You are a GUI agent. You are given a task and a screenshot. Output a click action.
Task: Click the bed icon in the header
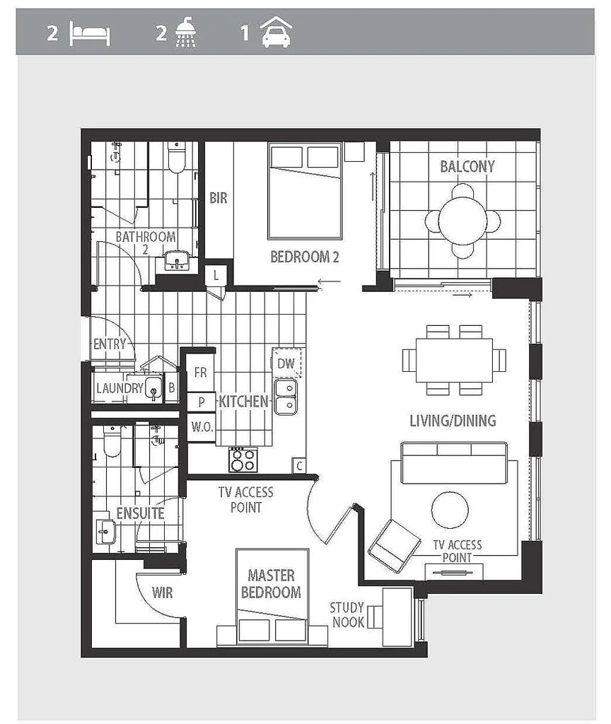(89, 34)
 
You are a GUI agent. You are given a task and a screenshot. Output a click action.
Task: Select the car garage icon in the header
(276, 33)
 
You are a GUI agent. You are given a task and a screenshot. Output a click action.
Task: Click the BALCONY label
(467, 167)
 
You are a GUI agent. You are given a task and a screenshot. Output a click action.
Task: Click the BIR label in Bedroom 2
(219, 199)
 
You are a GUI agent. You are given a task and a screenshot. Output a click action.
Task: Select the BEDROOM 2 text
(305, 257)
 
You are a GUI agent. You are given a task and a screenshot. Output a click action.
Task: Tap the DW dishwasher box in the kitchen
(286, 363)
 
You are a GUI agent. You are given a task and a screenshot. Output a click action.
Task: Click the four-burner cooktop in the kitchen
(242, 460)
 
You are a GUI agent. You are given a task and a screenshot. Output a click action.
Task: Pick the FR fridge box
(201, 373)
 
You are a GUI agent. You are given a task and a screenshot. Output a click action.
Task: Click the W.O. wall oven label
(201, 427)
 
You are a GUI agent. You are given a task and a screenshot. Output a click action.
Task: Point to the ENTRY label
(109, 344)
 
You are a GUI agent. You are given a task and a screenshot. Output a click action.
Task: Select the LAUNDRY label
(119, 387)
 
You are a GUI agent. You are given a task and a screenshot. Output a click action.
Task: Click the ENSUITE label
(140, 513)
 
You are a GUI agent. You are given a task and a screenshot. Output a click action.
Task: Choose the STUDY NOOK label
(347, 614)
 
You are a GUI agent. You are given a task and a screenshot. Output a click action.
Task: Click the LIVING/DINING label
(453, 421)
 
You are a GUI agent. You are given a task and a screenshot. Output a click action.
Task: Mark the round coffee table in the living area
(450, 510)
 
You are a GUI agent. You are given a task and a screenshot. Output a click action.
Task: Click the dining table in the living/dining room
(454, 361)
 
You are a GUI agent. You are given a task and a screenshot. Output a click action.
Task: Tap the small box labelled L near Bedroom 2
(216, 276)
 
